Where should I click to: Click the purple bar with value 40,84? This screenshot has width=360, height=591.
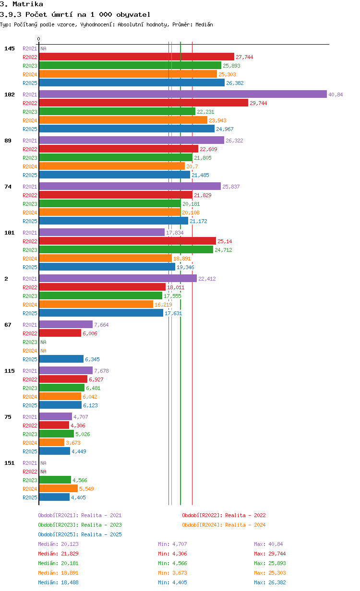(x=183, y=94)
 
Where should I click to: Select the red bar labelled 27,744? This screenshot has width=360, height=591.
(x=137, y=57)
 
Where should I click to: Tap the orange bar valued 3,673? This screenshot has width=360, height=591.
(x=52, y=442)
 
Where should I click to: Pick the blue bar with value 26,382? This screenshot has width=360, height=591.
(x=132, y=83)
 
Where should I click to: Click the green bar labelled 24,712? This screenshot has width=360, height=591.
(x=126, y=249)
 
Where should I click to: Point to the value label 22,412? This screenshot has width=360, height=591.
(x=207, y=279)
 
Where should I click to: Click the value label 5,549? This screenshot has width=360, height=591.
(x=86, y=489)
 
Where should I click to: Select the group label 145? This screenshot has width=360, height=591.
(x=10, y=48)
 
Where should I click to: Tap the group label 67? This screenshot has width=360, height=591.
(x=8, y=324)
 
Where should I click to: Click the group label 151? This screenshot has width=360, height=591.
(x=10, y=463)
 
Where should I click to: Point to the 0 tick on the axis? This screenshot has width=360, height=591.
(x=39, y=39)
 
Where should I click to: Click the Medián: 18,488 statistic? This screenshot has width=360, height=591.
(x=59, y=582)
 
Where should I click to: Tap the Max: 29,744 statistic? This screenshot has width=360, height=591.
(x=270, y=553)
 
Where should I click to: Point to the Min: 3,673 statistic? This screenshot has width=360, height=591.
(x=172, y=573)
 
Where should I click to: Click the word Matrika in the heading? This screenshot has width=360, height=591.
(x=28, y=4)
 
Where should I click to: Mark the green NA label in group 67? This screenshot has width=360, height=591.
(x=43, y=342)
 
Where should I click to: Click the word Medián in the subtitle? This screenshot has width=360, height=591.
(x=204, y=24)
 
